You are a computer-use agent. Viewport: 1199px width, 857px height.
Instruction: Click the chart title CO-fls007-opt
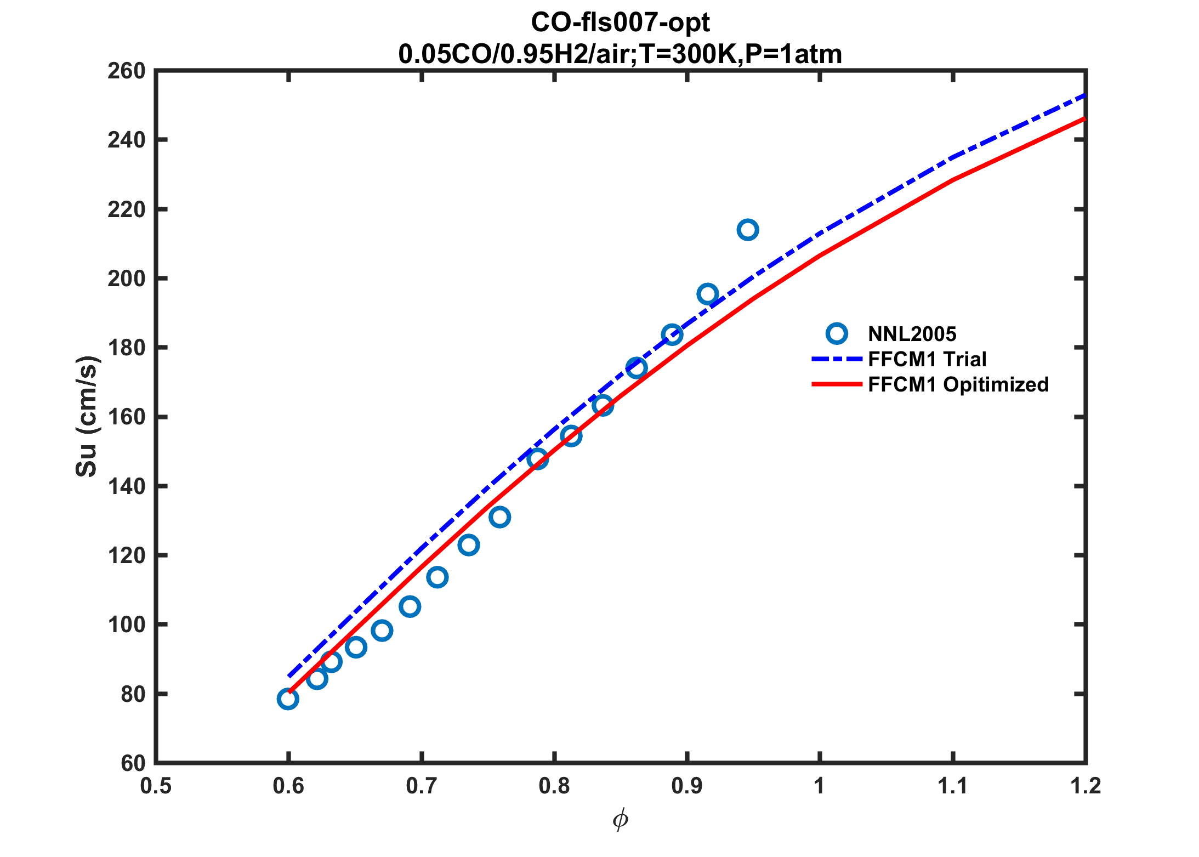tap(620, 23)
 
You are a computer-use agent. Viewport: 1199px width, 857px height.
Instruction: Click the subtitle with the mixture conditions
tap(620, 54)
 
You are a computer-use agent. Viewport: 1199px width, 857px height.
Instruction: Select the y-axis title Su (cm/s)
tap(87, 416)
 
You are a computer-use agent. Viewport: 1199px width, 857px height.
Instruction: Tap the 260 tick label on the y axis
tap(126, 71)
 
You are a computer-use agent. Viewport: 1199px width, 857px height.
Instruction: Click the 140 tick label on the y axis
tap(126, 486)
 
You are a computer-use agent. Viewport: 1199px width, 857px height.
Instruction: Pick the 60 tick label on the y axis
tap(133, 763)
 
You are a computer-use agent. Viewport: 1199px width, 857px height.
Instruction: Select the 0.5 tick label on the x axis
tap(156, 786)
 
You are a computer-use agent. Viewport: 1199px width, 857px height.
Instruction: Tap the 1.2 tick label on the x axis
tap(1085, 786)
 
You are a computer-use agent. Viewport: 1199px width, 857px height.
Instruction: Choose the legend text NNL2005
tap(912, 334)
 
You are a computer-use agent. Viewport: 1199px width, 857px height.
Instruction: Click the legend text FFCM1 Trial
tap(927, 359)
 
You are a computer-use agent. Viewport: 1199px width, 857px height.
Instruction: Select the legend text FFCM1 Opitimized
tap(958, 384)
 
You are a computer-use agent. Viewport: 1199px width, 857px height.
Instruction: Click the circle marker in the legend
tap(837, 333)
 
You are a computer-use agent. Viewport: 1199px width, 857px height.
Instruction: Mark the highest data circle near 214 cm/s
tap(748, 230)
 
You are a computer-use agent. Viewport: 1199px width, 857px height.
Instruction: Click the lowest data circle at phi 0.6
tap(288, 699)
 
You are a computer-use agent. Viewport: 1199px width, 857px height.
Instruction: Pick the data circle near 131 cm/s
tap(499, 517)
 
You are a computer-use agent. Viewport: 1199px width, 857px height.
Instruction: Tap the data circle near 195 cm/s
tap(708, 294)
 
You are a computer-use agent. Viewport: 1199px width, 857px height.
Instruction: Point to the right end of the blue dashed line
tap(1084, 95)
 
